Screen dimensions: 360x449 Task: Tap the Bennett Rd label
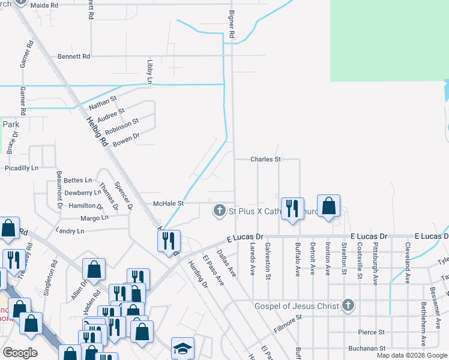click(x=74, y=56)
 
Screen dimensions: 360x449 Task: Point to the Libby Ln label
click(x=150, y=71)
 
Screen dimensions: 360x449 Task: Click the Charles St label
click(x=266, y=160)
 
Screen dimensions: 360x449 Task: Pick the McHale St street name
click(x=167, y=203)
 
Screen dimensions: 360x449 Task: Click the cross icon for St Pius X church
click(x=220, y=210)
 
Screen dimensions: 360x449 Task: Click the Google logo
click(x=19, y=352)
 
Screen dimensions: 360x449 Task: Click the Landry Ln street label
click(x=70, y=231)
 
